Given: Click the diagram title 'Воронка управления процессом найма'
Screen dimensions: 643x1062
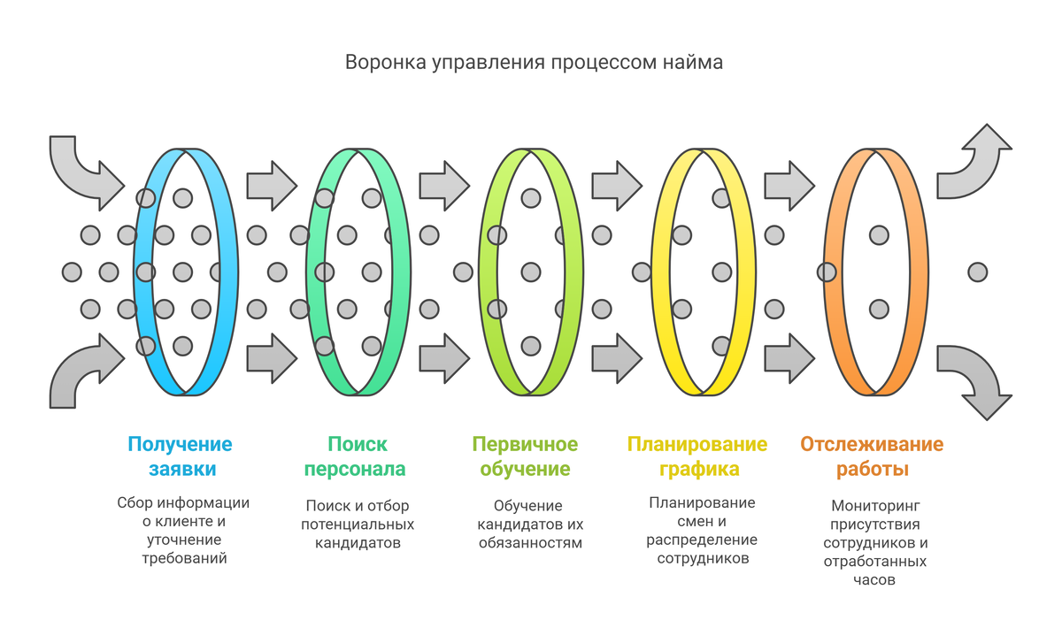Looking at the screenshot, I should (x=534, y=63).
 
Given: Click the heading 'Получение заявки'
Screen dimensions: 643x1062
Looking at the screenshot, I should (x=180, y=456).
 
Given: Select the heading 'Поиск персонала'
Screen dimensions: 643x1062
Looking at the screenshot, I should (x=358, y=456).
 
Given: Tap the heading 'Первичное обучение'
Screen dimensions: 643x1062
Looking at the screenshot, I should (x=525, y=456).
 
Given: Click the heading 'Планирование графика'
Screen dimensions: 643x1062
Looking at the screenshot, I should (x=697, y=456).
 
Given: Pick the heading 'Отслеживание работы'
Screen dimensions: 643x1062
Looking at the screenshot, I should (x=872, y=456).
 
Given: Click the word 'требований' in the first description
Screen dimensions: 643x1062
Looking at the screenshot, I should (x=184, y=558).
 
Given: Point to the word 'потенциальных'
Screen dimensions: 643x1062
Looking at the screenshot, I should (x=358, y=524).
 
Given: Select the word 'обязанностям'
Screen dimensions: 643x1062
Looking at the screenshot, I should (x=530, y=542).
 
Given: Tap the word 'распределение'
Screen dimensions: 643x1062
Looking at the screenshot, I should (x=702, y=540).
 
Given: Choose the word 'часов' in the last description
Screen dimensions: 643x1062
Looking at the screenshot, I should (x=875, y=580).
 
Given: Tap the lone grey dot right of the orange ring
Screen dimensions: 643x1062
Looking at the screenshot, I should (x=977, y=272).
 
